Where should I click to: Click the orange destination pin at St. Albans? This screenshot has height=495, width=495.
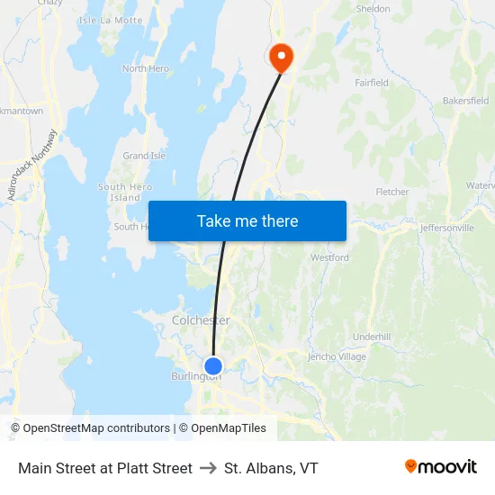tap(282, 57)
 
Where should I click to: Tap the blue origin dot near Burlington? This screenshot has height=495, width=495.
tap(213, 366)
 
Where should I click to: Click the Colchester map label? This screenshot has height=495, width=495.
tap(201, 320)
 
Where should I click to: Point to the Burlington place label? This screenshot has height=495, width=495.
tap(195, 377)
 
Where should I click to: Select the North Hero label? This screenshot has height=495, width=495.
tap(145, 68)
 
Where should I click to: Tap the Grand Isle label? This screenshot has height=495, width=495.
tap(144, 156)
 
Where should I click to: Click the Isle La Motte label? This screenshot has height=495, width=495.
tap(111, 20)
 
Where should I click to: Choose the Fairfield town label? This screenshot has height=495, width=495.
tap(372, 83)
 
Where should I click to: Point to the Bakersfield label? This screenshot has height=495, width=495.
tap(465, 101)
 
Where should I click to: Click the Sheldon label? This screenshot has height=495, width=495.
tap(373, 9)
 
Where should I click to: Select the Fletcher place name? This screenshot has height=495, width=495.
tap(392, 192)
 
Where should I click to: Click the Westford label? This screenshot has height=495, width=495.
tap(329, 257)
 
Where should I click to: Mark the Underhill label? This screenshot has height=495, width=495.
tap(372, 337)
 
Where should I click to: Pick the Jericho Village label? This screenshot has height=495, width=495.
tap(337, 357)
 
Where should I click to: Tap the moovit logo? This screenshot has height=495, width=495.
tap(440, 467)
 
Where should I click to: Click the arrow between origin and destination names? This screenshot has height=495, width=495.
tap(208, 468)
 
